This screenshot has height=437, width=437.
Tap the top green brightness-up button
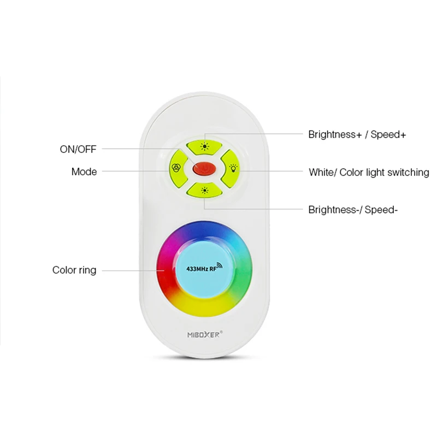[204, 146]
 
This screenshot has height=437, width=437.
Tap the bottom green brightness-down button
[204, 190]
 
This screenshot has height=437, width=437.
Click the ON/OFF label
[78, 149]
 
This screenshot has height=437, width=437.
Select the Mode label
[84, 172]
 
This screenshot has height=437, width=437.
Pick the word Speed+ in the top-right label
[388, 134]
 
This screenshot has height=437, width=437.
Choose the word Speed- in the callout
[381, 209]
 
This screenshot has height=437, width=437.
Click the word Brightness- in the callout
[333, 209]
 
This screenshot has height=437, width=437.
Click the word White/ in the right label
[322, 173]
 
